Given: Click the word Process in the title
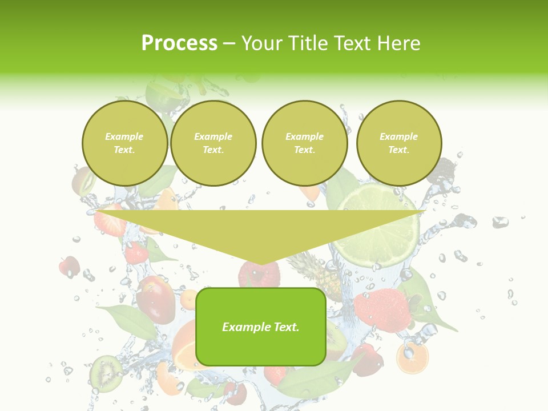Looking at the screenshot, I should point(179,43).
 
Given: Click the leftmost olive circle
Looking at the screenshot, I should point(125,143).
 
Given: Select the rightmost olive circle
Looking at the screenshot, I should point(399,143).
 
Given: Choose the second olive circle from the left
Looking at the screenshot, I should point(213,143).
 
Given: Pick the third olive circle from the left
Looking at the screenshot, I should point(305,143).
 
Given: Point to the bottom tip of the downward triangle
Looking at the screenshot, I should point(261,264).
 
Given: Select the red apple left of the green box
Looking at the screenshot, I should point(155,298).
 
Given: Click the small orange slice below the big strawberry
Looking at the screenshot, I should point(412,358).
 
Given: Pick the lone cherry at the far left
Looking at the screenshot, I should point(70,265).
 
